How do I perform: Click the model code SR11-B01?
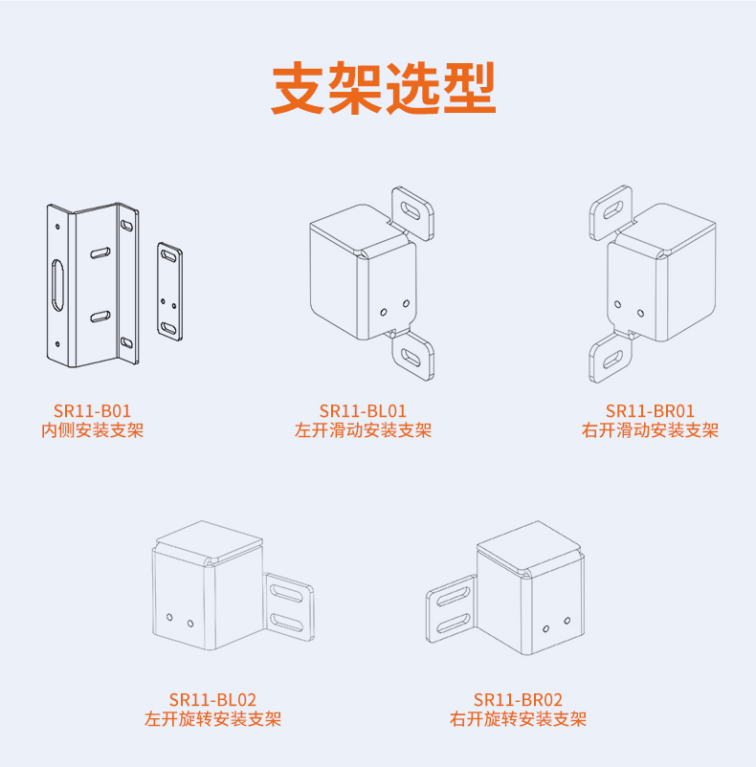(x=92, y=410)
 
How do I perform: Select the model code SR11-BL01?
(x=363, y=410)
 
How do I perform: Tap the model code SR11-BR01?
(x=650, y=410)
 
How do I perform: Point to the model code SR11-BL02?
(x=212, y=700)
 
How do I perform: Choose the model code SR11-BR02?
(x=518, y=700)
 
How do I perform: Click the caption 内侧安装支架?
(x=92, y=430)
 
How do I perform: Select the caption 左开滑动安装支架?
(x=363, y=430)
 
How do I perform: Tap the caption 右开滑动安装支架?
(x=650, y=430)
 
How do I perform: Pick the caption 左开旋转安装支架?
(x=212, y=719)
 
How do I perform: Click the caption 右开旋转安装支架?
(x=518, y=719)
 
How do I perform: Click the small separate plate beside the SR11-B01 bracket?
(x=170, y=290)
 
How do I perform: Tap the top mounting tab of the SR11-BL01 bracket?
(x=413, y=209)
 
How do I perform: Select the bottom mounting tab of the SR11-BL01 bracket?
(x=413, y=356)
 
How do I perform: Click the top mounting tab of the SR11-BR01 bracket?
(x=610, y=209)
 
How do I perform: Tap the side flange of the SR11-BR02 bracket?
(x=451, y=609)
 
